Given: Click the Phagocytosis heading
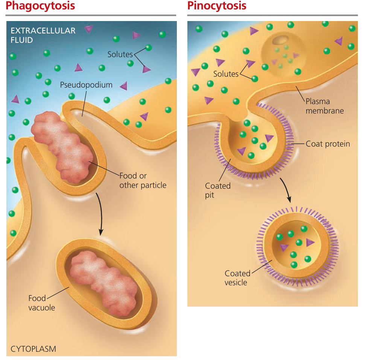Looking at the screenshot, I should [40, 6].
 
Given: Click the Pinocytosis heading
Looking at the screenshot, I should [217, 6].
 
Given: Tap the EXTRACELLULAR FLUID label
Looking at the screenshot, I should [43, 35].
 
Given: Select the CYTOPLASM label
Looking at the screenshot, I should [33, 349].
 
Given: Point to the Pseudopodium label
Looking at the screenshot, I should [86, 85].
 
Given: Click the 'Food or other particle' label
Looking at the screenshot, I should [143, 180].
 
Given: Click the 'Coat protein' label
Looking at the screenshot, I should [328, 144].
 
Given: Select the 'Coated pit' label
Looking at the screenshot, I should [217, 190].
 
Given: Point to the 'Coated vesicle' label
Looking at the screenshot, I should [237, 278].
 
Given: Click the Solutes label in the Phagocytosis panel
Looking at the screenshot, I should [120, 54].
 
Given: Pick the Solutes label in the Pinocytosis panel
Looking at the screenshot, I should [226, 74].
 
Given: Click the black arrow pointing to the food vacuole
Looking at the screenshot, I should [99, 214].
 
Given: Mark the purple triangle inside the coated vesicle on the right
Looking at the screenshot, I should [310, 242].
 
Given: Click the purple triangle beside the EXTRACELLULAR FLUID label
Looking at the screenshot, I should [89, 29].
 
